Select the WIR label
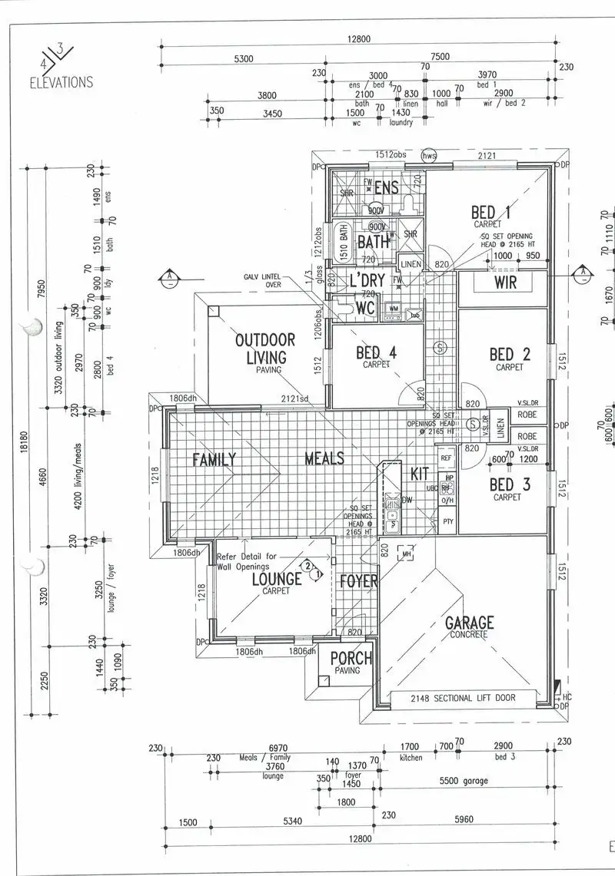(x=506, y=283)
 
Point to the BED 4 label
(x=377, y=354)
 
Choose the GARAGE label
(x=469, y=623)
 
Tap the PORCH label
(x=351, y=659)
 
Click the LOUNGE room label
(x=277, y=580)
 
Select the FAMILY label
(x=214, y=459)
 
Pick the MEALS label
(x=324, y=459)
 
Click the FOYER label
(x=359, y=581)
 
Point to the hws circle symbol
(x=429, y=156)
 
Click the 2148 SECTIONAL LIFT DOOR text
(x=463, y=698)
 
